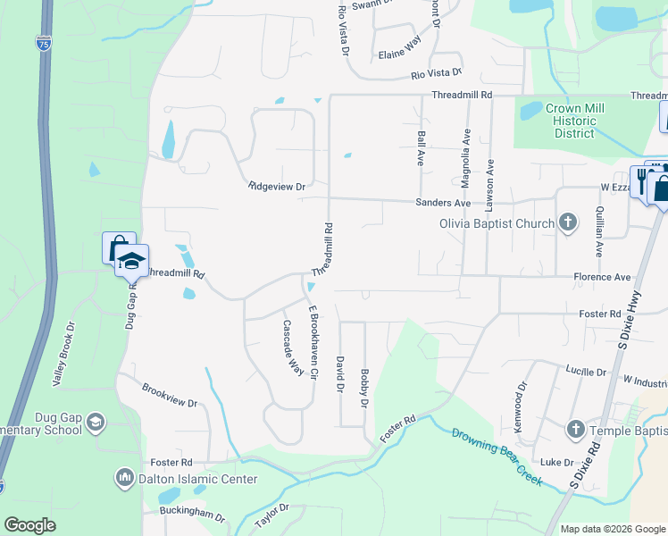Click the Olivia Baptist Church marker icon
point(567,223)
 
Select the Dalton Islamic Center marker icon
point(124,479)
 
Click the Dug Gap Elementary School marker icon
point(96,422)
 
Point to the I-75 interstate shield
point(43,42)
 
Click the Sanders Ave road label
point(443,203)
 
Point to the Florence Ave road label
point(602,277)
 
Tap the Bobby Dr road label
point(364,388)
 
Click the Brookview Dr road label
point(169,397)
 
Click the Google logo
point(29,525)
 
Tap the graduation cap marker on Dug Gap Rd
point(131,261)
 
